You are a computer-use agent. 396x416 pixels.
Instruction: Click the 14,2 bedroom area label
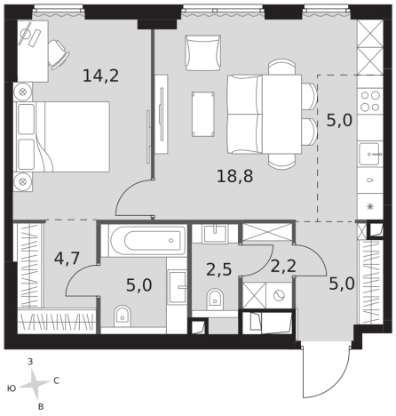tap(100, 76)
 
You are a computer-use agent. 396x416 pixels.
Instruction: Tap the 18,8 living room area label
tap(235, 176)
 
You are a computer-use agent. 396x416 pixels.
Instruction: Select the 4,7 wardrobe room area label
tap(67, 258)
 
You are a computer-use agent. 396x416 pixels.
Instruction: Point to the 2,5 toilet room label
tap(218, 269)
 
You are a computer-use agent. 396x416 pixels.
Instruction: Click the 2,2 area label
tap(283, 266)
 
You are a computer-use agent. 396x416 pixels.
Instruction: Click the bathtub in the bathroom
tap(148, 241)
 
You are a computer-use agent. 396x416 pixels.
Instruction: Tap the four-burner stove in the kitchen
tap(370, 101)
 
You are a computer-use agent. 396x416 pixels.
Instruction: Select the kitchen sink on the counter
tap(370, 154)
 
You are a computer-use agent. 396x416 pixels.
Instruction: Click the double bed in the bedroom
tap(63, 137)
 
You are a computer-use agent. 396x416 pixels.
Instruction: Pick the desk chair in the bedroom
tap(59, 55)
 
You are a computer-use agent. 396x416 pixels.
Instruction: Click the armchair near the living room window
tap(203, 52)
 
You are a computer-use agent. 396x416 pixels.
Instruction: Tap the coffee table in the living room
tap(203, 114)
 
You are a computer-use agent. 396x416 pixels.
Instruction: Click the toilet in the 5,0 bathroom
tap(123, 316)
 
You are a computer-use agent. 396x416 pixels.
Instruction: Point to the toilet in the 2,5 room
tap(215, 300)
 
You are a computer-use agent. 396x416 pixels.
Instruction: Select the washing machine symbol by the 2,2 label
tap(279, 295)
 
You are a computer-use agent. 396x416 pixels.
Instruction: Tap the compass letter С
tap(56, 380)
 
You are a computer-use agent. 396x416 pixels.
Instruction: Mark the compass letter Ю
tap(12, 388)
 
